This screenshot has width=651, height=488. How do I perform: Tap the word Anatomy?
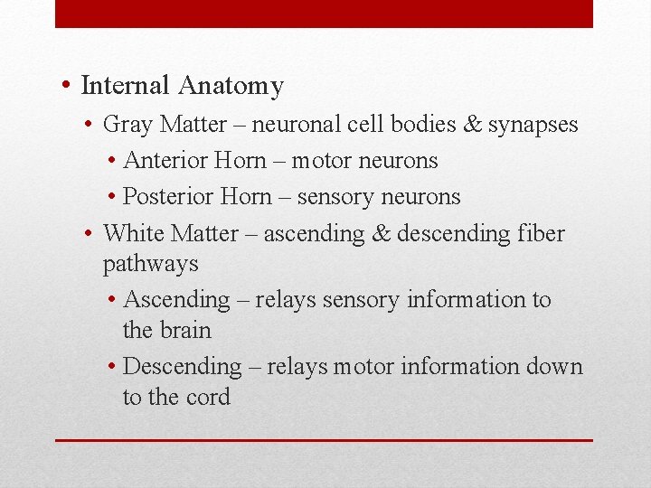coord(231,87)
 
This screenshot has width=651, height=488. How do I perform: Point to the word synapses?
coord(533,126)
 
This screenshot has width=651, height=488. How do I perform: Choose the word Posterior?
coord(167,197)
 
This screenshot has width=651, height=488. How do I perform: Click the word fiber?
coord(542,233)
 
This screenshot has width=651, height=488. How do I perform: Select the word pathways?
coord(150,264)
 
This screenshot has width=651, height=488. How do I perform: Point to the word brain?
coord(184,330)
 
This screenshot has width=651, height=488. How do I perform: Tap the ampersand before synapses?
coord(472,125)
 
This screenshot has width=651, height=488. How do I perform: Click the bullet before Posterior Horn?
coord(110,197)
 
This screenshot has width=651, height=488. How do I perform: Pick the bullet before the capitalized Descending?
coord(110,366)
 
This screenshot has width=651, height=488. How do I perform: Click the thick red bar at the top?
coord(324,14)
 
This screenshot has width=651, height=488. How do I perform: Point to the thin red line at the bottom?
coord(324,440)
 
